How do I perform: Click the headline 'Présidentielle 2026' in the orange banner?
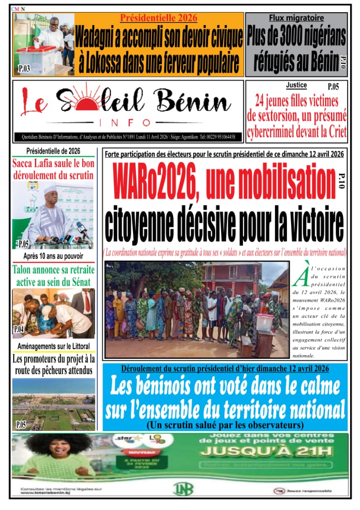click(158, 18)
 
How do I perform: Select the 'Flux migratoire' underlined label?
click(296, 18)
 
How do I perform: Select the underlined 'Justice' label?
click(296, 85)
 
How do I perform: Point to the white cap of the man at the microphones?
click(50, 189)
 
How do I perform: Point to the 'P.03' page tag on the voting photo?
click(24, 69)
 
